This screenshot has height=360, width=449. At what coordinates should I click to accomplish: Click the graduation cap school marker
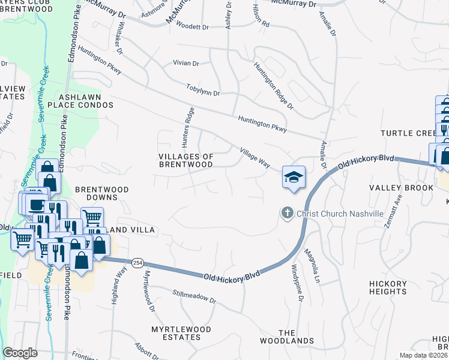pos(294,178)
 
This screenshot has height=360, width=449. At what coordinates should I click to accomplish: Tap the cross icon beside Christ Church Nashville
pos(287,213)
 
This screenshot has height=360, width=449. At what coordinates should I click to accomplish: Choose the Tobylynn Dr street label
pos(203,90)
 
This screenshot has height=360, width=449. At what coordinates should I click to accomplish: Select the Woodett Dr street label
pos(192,27)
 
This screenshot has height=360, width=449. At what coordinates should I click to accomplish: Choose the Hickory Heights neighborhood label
pos(388,287)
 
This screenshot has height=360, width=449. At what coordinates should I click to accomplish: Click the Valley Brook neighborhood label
pos(401,188)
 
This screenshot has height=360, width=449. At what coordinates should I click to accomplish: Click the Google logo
pos(20,352)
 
